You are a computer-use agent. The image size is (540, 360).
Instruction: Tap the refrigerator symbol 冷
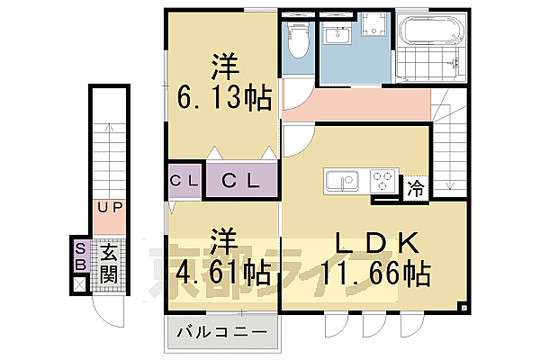[x=415, y=188]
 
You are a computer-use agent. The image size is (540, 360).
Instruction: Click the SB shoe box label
[x=80, y=257]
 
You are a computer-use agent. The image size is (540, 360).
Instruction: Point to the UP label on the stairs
[x=110, y=208]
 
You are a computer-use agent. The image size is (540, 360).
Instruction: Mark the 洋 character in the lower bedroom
[x=225, y=241]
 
